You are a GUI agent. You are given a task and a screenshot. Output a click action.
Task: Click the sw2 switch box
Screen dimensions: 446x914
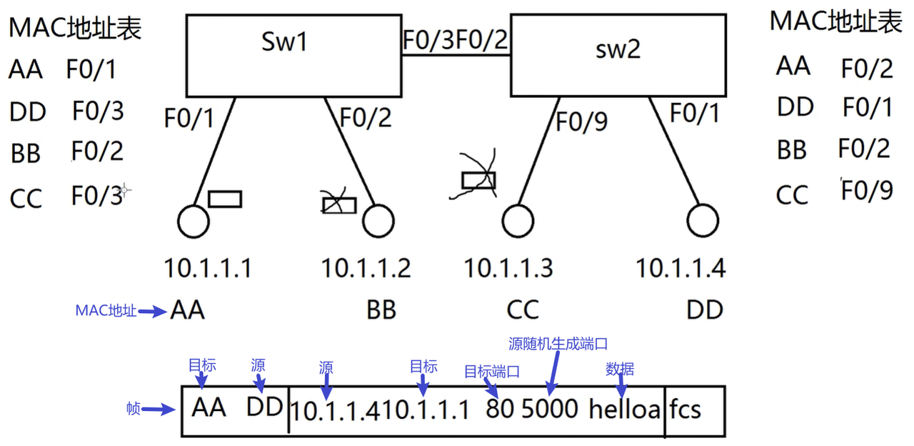point(618,56)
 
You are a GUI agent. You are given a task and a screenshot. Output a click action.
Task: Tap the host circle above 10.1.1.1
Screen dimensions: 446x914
point(194,222)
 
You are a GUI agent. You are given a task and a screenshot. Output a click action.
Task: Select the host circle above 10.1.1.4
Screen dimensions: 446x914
point(700,222)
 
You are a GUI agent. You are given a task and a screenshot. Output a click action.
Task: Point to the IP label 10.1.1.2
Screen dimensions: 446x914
point(366,269)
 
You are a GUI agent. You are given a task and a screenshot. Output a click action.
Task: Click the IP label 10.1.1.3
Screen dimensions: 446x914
point(508,269)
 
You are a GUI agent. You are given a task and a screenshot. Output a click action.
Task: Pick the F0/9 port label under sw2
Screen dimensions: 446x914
point(581,122)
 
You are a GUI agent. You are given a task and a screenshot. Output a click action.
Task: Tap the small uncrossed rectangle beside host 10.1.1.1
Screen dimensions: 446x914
point(225,198)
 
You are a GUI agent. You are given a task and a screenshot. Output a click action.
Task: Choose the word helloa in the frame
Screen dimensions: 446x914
point(625,409)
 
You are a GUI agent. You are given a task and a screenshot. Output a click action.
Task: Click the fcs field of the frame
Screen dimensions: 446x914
point(685,410)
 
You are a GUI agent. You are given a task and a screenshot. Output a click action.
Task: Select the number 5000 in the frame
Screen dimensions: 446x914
point(550,409)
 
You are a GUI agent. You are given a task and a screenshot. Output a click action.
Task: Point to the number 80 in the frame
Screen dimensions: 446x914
point(499,409)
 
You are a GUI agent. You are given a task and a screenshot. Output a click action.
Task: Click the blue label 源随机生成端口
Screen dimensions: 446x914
point(558,344)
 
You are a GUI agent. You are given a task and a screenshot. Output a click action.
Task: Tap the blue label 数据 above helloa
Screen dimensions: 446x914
point(620,370)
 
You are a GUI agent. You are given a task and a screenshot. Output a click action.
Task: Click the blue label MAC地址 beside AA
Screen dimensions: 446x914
point(106,311)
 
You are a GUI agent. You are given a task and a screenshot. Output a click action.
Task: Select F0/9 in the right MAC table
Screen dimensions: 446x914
point(867,191)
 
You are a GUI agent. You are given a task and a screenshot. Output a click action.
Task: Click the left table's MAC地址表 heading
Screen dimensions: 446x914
point(75,28)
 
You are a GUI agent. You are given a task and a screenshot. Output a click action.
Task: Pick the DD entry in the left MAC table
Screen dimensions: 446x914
point(28,112)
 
